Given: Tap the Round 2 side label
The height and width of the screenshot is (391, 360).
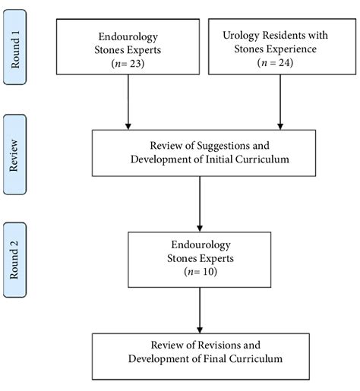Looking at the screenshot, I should coord(15,262).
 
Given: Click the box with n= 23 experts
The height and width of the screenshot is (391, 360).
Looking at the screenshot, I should coord(129,46).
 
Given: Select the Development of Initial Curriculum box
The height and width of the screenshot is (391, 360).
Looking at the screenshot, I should coord(200,153).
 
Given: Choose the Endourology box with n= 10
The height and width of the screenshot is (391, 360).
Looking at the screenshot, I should coord(200,260).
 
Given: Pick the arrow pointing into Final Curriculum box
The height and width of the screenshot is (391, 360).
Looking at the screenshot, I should coord(200,310).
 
